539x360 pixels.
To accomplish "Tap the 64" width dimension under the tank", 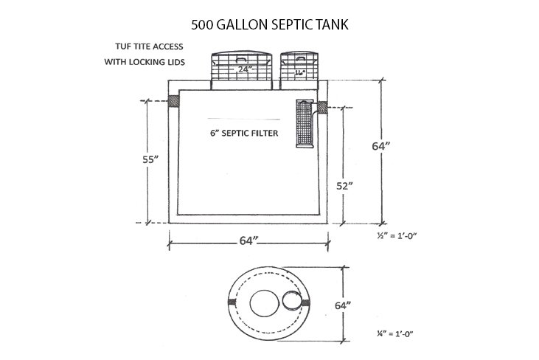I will click(248, 240).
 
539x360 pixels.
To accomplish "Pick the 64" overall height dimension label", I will click(380, 146).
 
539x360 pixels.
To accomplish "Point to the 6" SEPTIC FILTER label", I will click(237, 134).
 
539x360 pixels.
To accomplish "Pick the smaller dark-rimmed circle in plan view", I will click(288, 300).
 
